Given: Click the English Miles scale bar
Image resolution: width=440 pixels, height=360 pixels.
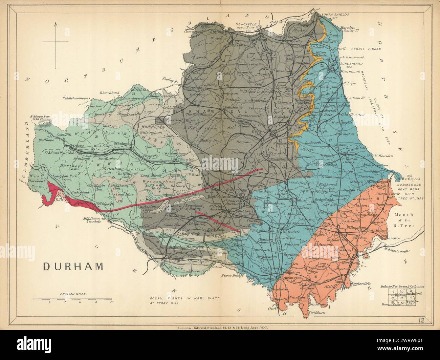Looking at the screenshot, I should pos(72,300).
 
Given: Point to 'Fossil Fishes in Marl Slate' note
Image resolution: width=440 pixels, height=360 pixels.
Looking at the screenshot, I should pos(184,300).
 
